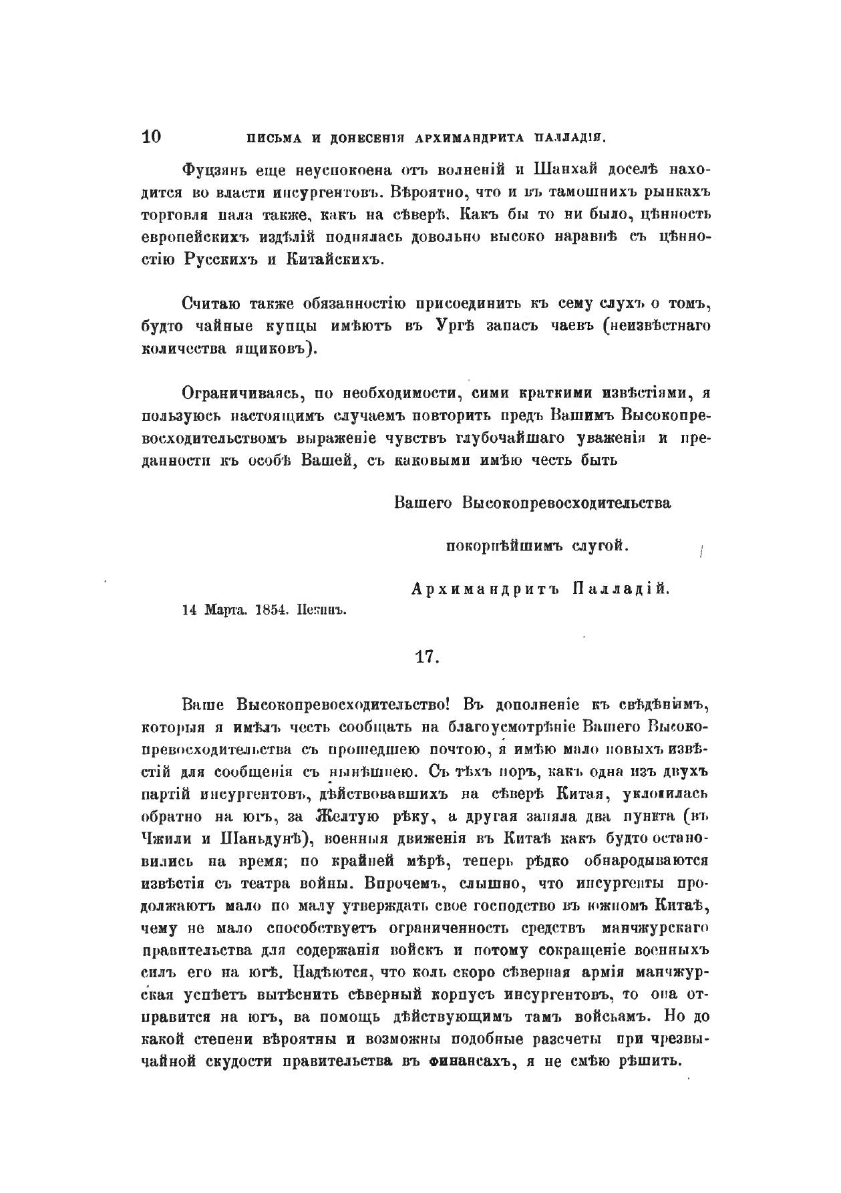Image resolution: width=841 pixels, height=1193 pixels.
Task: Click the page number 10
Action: coord(152,137)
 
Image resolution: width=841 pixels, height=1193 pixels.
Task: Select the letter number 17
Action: coord(426,656)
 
